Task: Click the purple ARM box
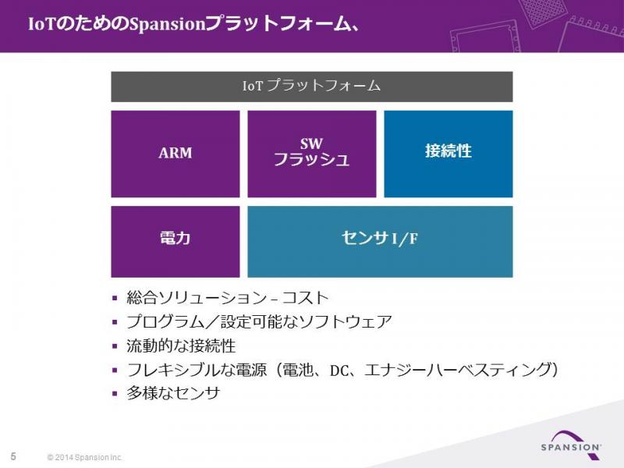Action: [x=175, y=154]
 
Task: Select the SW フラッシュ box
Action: [x=311, y=154]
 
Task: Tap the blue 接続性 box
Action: [x=448, y=154]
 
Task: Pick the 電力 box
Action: [x=175, y=242]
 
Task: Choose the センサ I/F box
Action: [x=380, y=242]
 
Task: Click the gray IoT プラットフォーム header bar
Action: [x=311, y=87]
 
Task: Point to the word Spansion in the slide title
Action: [x=167, y=25]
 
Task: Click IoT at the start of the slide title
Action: [x=41, y=24]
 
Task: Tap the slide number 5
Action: [x=13, y=456]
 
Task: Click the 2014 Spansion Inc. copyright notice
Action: [x=85, y=457]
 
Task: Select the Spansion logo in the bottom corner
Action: [x=571, y=444]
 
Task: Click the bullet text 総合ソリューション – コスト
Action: [x=227, y=298]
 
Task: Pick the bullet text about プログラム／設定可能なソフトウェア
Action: [x=259, y=321]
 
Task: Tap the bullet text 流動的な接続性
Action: [x=181, y=346]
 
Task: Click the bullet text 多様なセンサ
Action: [x=173, y=393]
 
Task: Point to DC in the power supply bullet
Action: [x=339, y=370]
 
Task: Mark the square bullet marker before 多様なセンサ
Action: [x=115, y=394]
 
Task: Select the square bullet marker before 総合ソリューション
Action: [x=115, y=298]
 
